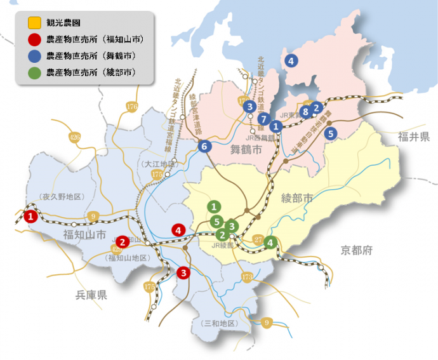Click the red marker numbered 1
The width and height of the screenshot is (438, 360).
30,217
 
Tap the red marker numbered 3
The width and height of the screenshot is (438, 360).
183,273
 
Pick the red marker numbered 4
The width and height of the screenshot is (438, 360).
179,230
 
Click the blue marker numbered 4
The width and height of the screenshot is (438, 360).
291,61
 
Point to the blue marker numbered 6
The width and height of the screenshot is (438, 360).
204,147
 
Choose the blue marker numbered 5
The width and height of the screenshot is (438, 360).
330,134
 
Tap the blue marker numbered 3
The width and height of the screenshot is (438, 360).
250,107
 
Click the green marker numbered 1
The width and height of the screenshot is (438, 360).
215,206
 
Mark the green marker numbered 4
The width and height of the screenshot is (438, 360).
271,242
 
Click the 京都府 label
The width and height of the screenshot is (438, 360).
355,250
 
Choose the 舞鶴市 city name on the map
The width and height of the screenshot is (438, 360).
246,150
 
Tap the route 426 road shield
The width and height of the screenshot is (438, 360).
75,137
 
